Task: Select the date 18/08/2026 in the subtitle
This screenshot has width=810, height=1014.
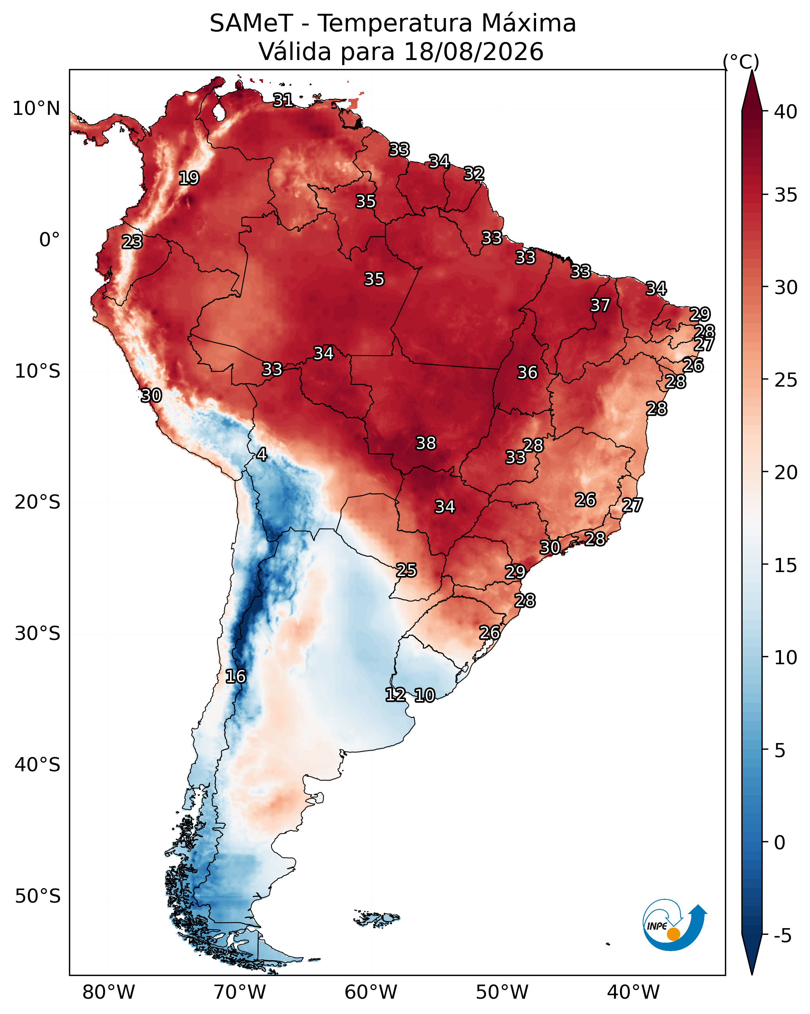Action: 473,52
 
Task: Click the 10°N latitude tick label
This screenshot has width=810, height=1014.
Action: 36,109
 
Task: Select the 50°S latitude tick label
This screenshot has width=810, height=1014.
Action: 38,896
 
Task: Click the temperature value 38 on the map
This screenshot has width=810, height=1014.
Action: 426,443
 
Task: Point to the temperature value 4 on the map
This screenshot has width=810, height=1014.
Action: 261,454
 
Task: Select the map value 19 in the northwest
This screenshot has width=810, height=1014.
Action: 189,178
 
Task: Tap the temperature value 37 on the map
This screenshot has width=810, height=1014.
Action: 600,305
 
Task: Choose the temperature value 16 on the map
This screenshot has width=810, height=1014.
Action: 236,676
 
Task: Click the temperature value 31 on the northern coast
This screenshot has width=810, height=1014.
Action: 283,100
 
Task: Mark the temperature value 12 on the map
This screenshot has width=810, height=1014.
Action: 395,695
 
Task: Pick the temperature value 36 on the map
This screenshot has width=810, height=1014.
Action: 527,373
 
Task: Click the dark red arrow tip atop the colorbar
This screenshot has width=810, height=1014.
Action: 752,71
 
